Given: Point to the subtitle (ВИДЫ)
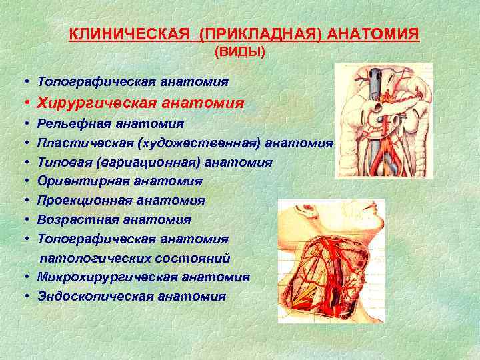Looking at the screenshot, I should [239, 52].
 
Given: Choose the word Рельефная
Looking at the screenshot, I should [75, 123].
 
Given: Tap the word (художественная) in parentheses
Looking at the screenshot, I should [197, 143].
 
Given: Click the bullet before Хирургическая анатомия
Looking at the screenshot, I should [24, 103].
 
